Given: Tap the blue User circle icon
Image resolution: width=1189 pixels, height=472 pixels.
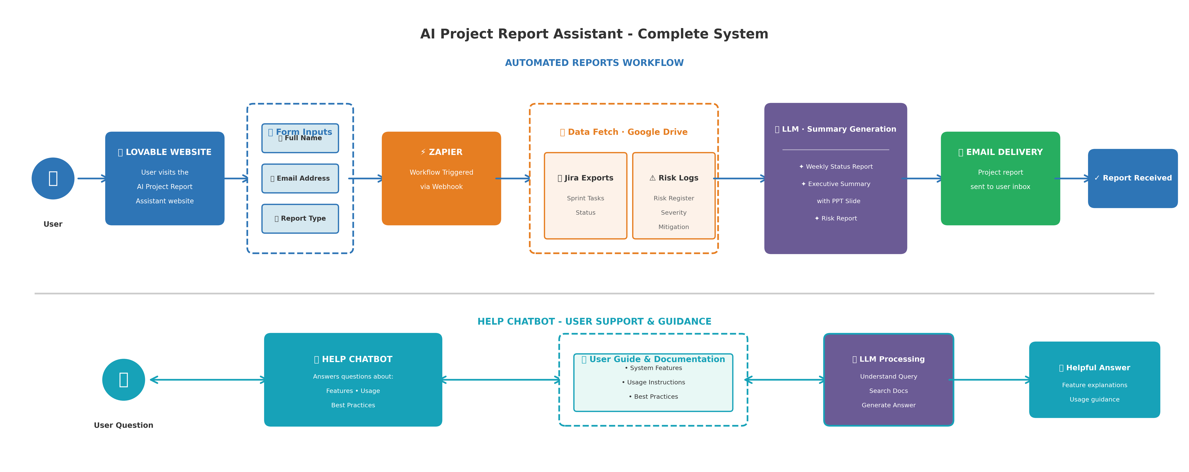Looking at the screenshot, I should coord(53,179).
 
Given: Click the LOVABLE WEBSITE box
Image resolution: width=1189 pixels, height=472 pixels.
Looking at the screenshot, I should coord(165,179).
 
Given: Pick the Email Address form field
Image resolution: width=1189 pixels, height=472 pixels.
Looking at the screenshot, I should coord(300,179).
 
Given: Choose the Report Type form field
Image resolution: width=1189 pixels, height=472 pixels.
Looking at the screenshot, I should coord(300,219).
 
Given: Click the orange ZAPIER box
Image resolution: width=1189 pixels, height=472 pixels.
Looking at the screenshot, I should coord(441,179).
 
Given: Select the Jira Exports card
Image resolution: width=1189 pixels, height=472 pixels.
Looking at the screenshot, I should coord(585,196).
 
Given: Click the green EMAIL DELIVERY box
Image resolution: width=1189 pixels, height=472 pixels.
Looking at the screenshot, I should coord(1000,179).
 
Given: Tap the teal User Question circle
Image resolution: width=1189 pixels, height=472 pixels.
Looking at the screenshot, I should coord(124,380).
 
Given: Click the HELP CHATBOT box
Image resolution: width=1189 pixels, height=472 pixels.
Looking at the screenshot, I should coord(353,380).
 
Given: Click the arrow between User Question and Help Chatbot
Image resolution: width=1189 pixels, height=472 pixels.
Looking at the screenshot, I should coord(208,380).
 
